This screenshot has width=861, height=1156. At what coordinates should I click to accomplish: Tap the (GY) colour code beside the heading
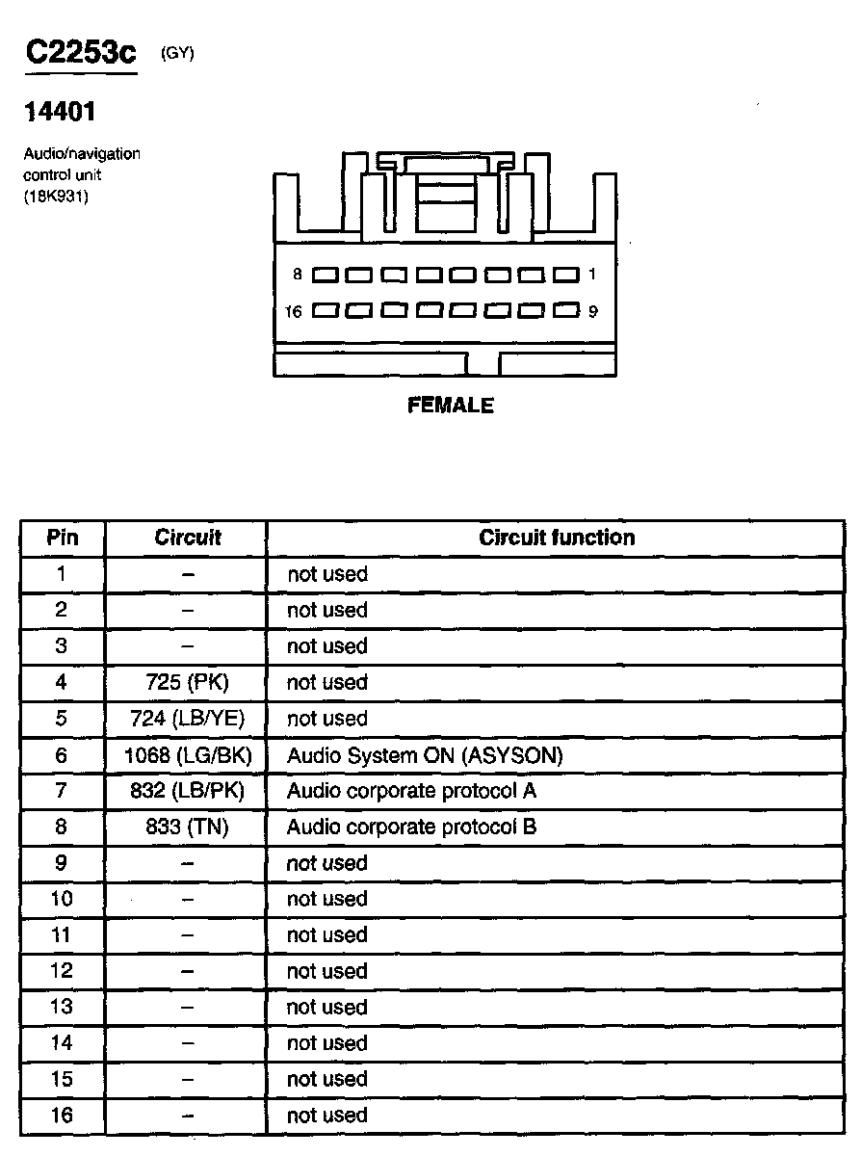177,54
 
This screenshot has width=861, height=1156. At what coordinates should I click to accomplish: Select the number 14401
60,113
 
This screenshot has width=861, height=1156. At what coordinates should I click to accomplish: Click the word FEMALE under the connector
450,406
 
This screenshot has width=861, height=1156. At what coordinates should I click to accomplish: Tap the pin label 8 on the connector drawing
299,275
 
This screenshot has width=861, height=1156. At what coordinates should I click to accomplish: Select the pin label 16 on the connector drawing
295,311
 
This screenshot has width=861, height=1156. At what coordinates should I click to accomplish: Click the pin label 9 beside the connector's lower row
592,311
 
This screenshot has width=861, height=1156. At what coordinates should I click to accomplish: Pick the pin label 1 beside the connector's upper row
592,275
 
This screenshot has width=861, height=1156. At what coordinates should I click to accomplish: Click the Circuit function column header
557,538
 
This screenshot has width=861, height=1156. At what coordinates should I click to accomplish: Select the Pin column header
63,538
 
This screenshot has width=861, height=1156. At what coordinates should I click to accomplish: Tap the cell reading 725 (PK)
188,683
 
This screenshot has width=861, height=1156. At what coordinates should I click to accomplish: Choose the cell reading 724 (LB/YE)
188,719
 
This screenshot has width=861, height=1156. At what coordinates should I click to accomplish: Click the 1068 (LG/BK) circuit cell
188,755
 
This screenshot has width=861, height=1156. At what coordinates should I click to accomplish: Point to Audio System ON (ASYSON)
425,755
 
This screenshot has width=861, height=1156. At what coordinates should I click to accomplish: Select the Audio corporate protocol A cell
411,791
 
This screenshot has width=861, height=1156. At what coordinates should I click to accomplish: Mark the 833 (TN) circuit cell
188,827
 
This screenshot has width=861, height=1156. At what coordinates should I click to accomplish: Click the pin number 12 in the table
62,971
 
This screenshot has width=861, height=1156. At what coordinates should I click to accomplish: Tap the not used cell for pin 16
327,1116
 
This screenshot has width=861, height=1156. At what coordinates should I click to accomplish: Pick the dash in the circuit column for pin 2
188,611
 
